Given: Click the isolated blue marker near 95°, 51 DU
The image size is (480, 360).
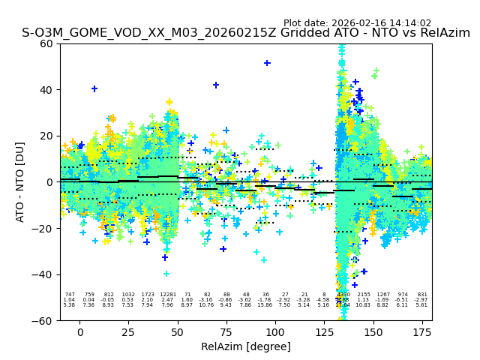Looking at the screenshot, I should pos(267,63).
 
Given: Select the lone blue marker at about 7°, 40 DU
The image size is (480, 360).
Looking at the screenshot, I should pos(94,88).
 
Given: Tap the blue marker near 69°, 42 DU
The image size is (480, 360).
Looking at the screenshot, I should pos(216,85).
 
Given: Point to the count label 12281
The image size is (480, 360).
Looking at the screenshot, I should pos(167,295).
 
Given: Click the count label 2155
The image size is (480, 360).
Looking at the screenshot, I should pos(364,295).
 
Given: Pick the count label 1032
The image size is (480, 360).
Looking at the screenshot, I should pos(128,295).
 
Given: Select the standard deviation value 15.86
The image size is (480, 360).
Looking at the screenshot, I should pos(265,305).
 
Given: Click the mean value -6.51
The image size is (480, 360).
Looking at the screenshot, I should pos(403,300).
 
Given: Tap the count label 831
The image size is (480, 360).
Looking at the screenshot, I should pos(422,295).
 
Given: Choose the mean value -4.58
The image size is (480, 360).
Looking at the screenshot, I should pos(323,300).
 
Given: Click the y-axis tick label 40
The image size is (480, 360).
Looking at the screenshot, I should pos(46,90).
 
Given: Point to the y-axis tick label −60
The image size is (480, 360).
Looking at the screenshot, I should pos(43,321).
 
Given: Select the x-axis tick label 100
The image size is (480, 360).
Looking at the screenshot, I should pos(275,332).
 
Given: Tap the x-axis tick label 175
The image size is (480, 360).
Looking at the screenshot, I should pos(422,332).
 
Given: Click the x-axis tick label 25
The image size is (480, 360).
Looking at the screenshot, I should pos(128,332).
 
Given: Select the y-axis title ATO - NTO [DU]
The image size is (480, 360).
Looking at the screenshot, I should pos(20,182).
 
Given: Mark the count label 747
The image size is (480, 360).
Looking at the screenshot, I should pos(70,295).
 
